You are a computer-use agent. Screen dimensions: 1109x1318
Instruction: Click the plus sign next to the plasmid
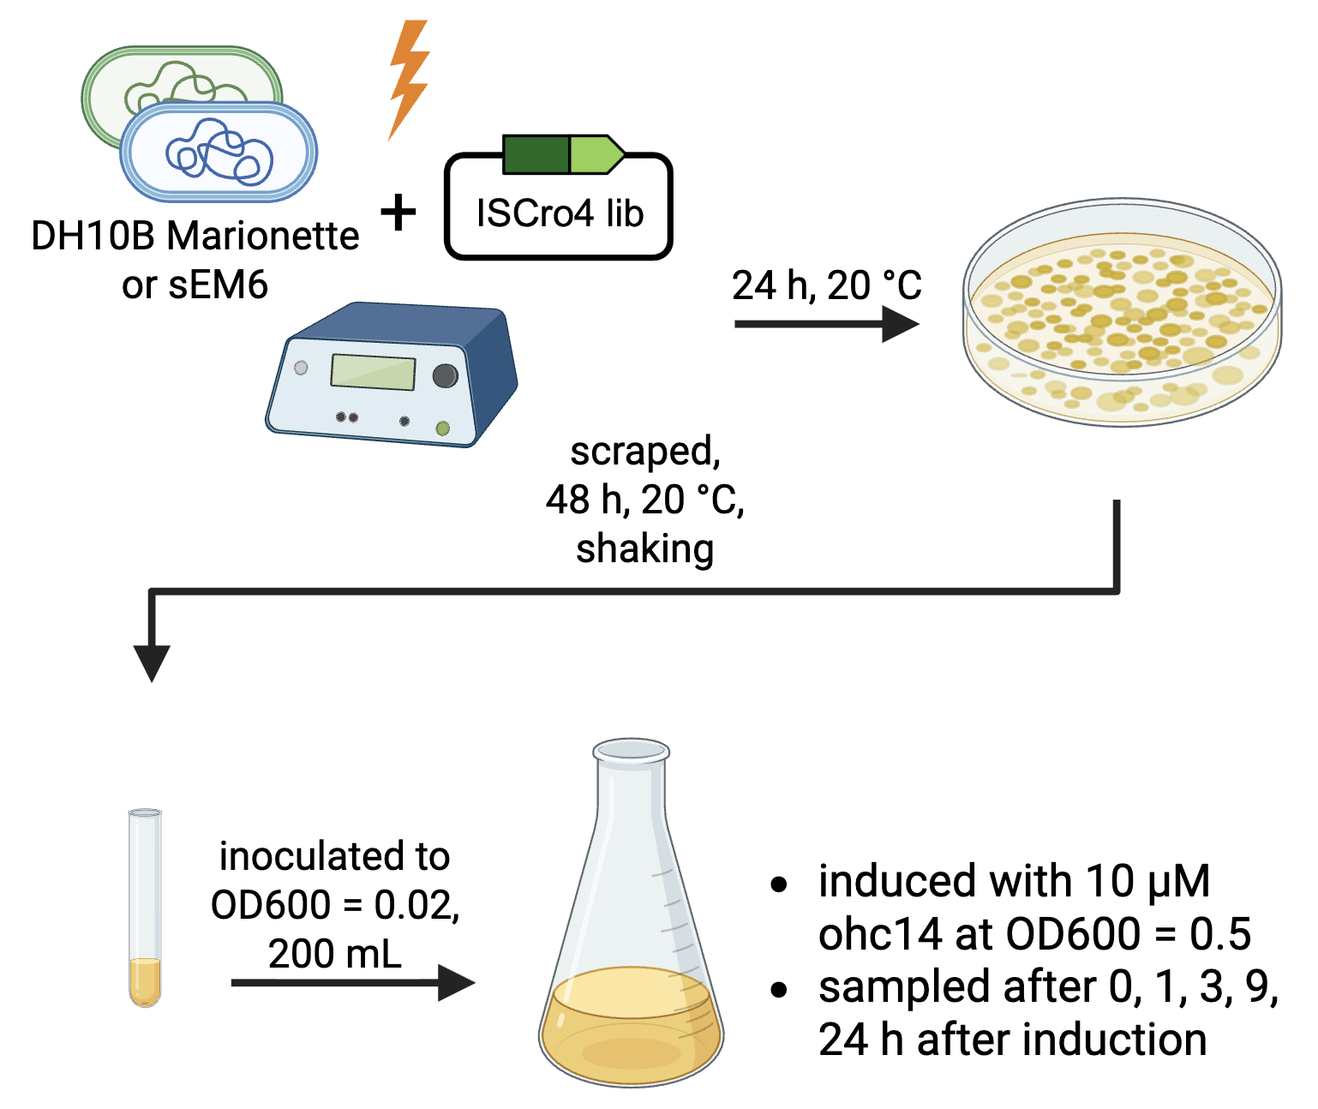point(398,212)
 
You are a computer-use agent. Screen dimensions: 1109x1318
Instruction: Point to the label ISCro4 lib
point(560,213)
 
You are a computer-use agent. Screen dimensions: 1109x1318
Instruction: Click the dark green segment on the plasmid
point(535,154)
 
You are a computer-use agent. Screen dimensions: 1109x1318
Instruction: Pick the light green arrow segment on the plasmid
point(595,154)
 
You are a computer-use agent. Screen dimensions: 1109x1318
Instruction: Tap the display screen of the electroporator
point(373,372)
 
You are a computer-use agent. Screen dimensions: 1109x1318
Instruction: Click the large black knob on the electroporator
point(445,375)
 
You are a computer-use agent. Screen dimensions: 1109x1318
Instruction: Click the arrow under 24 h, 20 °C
point(826,324)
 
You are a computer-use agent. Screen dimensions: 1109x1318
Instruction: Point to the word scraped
point(645,452)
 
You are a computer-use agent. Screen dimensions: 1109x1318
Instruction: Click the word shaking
point(644,549)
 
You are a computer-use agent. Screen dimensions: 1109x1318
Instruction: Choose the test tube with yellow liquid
point(145,908)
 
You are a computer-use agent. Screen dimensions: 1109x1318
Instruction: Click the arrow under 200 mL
point(351,982)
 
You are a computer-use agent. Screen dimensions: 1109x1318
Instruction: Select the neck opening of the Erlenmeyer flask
point(632,752)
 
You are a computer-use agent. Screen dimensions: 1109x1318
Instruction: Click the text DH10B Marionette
point(195,236)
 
